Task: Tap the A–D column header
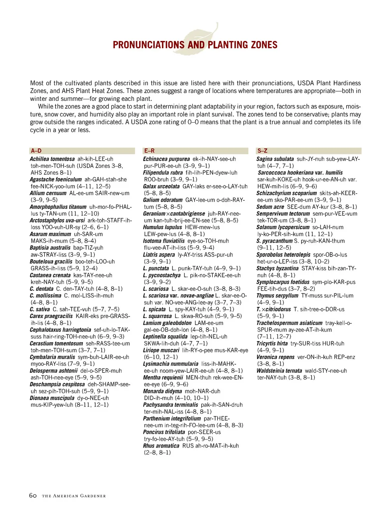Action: (36, 151)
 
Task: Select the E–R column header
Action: (149, 151)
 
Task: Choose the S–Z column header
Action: (262, 151)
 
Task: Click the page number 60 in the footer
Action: (33, 495)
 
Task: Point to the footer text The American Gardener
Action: (74, 496)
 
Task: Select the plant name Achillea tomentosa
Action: (52, 159)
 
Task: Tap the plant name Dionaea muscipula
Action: (52, 398)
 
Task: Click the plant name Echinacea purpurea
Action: (166, 159)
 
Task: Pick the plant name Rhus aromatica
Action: (161, 445)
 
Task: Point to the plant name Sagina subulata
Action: (275, 159)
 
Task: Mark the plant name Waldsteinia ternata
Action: (279, 371)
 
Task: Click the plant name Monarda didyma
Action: (162, 391)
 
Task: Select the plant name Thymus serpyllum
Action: (277, 296)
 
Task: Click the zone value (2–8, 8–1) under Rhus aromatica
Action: (157, 452)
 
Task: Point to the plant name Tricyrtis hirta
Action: (272, 343)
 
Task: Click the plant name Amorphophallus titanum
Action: (58, 207)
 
